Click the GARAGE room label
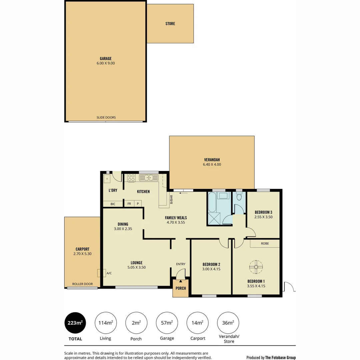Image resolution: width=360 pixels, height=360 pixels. pos(106,59)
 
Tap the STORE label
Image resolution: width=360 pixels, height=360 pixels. pos(170,24)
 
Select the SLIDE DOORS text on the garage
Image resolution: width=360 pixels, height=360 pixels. pos(106,118)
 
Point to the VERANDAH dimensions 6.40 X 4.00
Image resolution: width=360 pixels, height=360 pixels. pos(212,164)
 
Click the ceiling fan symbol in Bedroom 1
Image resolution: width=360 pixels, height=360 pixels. pos(256,266)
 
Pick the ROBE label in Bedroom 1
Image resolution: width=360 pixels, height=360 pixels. pos(265,244)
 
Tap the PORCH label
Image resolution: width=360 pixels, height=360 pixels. pos(181,288)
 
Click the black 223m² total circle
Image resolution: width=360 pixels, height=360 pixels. pos(75,323)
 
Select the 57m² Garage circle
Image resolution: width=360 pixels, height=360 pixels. pos(167,323)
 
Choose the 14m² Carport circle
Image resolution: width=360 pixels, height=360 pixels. pos(197,323)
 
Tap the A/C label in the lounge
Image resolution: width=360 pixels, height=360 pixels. pos(109,273)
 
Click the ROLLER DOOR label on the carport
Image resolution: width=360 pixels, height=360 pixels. pos(82,284)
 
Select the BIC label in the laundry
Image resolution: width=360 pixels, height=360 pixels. pos(113,204)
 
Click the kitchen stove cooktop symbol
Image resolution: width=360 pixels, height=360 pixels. pos(131,178)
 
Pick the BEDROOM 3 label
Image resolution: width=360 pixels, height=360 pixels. pos(263,212)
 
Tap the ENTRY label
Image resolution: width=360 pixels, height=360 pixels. pos(180,264)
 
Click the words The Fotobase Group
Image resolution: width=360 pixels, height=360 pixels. pos(280,358)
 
